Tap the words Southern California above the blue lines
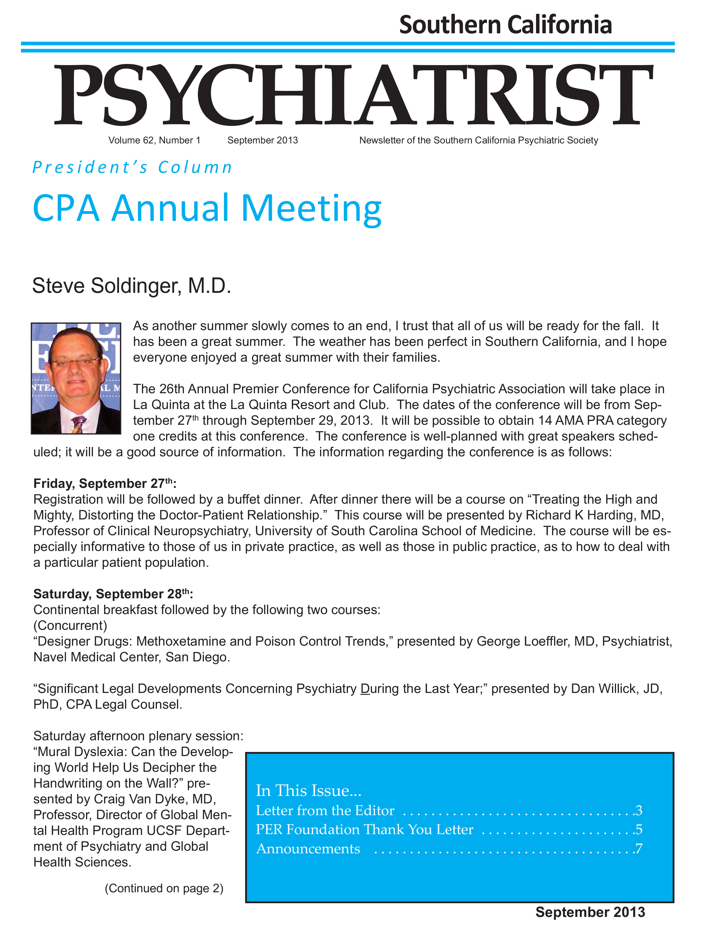(x=505, y=25)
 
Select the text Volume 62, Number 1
(x=154, y=140)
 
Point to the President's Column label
(x=132, y=167)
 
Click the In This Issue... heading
(x=308, y=790)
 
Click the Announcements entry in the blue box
(x=308, y=849)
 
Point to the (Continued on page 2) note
(x=164, y=888)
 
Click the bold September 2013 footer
(x=590, y=912)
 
